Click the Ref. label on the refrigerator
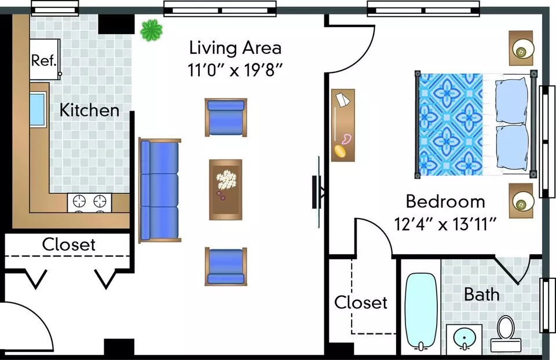point(44,60)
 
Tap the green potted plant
point(151,31)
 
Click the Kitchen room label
point(89,110)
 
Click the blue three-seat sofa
point(160,190)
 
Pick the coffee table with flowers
point(225,190)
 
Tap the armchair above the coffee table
point(226,117)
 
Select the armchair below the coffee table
point(226,266)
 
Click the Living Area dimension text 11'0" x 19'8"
point(235,70)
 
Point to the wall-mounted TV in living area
point(317,192)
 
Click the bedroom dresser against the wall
point(343,126)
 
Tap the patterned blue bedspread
point(451,124)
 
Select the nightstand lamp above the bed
point(522,48)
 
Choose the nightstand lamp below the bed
point(522,201)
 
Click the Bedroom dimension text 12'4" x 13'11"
point(445,224)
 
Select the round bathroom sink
point(464,339)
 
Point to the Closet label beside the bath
point(361,302)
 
